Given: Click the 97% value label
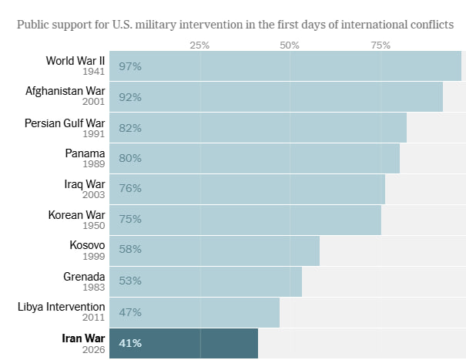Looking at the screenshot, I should (130, 66).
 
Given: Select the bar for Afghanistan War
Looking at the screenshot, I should (276, 97).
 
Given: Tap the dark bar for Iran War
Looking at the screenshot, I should (183, 343).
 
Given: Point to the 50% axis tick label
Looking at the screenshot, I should (290, 45).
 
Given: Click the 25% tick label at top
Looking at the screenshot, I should (199, 45).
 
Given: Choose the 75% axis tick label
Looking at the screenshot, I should (381, 45).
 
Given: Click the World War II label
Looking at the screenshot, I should (75, 60).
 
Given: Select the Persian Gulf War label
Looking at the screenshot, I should (65, 123).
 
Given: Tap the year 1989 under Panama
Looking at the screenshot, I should (94, 164).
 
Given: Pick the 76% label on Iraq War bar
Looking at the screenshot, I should (130, 189).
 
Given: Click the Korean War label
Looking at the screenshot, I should (76, 214).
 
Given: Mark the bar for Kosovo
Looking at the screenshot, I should (214, 251).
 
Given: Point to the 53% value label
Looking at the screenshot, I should (130, 281).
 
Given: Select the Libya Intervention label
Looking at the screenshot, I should (62, 307).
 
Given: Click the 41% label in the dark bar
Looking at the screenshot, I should (130, 343).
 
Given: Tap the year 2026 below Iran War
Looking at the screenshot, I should (94, 349).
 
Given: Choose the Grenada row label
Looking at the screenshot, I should (84, 276).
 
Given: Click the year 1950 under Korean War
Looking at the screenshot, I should (94, 226).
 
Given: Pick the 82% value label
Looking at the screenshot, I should (130, 128).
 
